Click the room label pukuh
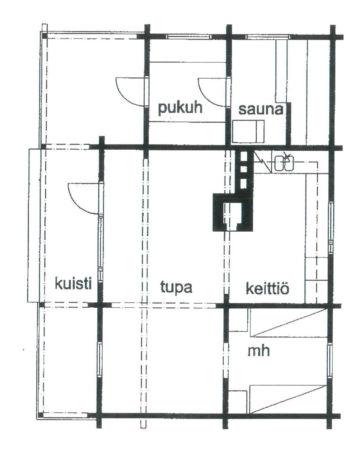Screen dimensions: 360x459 click(180, 109)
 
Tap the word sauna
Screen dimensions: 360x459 click(261, 110)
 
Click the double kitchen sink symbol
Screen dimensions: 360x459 click(284, 163)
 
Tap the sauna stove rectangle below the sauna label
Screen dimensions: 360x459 click(248, 131)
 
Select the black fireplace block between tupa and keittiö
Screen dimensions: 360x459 click(233, 212)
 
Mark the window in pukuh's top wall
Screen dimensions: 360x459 click(189, 37)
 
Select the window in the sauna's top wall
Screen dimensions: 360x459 click(268, 37)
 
